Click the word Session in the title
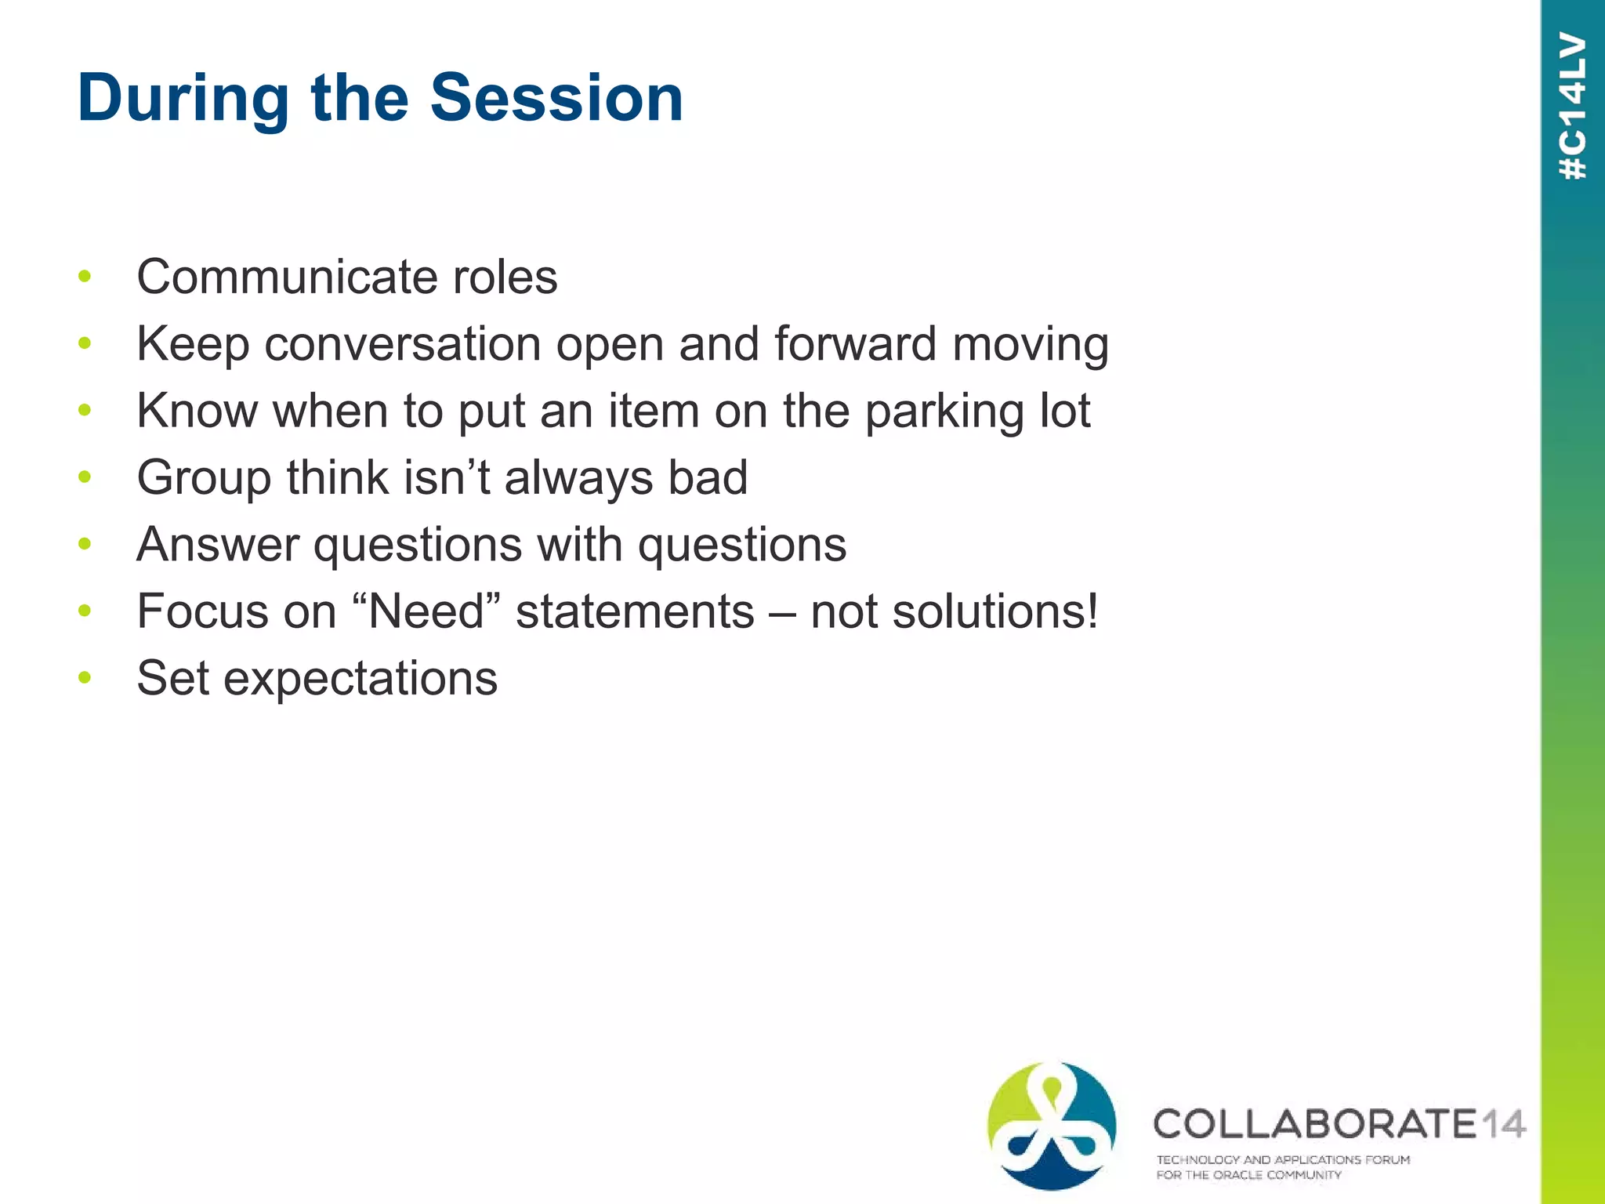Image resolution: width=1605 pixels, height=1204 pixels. (556, 98)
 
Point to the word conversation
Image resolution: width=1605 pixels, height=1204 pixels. (403, 345)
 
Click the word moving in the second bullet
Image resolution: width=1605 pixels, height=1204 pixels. (1030, 345)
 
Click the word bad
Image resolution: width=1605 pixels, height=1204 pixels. (707, 478)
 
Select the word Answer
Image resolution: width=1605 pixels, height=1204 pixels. (217, 545)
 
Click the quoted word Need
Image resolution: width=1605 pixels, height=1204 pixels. (427, 611)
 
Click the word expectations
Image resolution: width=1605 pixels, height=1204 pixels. (360, 679)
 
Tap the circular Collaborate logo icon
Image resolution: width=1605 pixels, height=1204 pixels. (1052, 1126)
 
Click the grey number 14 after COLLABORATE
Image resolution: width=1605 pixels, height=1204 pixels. (1502, 1124)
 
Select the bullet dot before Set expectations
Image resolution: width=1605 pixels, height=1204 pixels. (85, 677)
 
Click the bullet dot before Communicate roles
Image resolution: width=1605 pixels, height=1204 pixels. (85, 276)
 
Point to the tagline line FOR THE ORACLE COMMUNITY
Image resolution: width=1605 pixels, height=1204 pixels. (1248, 1175)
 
